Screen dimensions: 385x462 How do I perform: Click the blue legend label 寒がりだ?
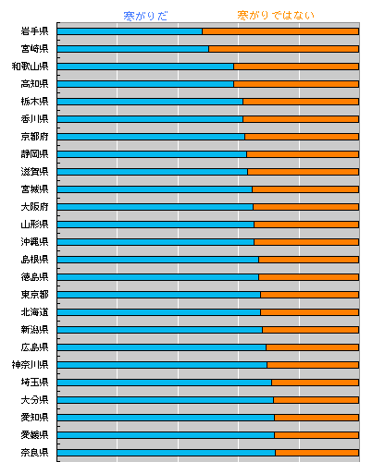pos(145,16)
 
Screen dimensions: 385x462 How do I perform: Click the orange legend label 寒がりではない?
pos(276,15)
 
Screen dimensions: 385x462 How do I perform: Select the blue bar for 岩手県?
pos(130,31)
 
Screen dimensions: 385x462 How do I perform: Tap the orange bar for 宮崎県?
pos(284,49)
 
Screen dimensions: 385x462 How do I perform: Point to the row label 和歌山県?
pos(30,67)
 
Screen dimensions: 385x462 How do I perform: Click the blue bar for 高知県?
pos(145,84)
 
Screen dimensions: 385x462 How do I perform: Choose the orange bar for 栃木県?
pos(301,102)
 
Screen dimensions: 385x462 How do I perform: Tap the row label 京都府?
pos(34,137)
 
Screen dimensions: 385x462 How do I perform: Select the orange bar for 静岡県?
pos(303,154)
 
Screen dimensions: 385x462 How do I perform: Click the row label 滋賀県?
pos(34,172)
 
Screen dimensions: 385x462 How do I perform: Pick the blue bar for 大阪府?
pos(155,207)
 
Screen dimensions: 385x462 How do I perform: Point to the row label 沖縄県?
pos(34,242)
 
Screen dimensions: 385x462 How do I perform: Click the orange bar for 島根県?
pos(309,260)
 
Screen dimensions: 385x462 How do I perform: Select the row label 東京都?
pos(34,295)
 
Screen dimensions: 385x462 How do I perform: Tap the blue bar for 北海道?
pos(159,312)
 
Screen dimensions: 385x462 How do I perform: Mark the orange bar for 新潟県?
pos(311,330)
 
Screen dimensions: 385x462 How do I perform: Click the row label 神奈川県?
pos(30,365)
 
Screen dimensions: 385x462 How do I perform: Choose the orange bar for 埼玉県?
pos(316,383)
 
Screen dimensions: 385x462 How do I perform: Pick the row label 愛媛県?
pos(34,435)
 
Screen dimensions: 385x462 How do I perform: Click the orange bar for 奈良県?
pos(317,453)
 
